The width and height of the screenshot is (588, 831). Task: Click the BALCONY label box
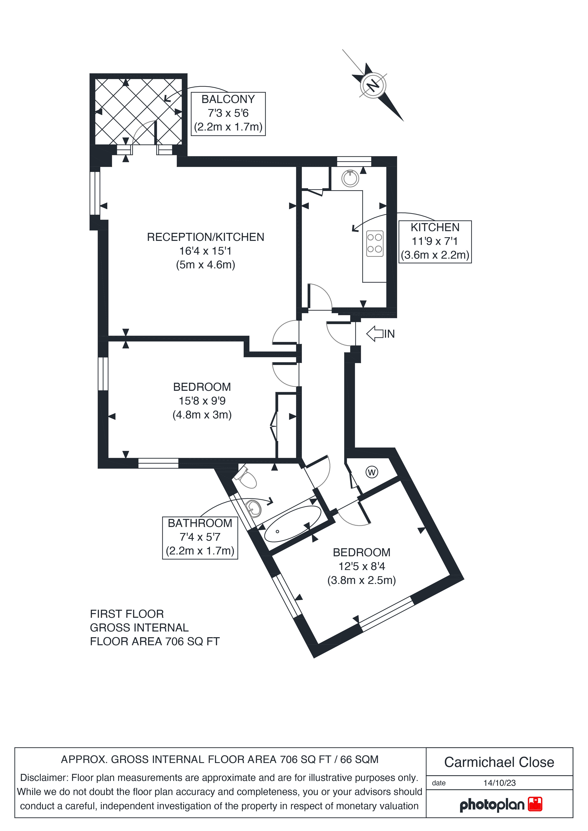pyautogui.click(x=228, y=114)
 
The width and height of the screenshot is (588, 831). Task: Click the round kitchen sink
pyautogui.click(x=350, y=178)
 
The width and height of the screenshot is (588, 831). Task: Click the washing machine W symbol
pyautogui.click(x=372, y=472)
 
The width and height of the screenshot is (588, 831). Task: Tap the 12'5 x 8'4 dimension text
pyautogui.click(x=362, y=566)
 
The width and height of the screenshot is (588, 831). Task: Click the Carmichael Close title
pyautogui.click(x=499, y=762)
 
